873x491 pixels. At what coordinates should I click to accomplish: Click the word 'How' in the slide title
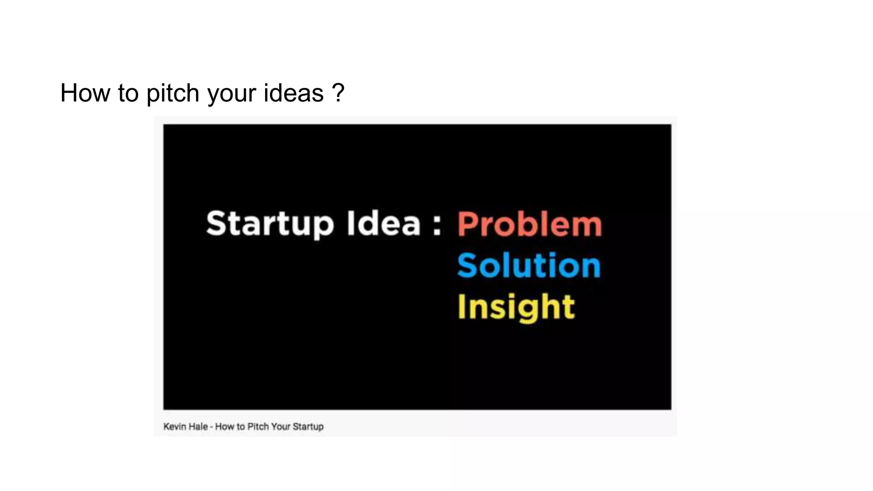(x=85, y=93)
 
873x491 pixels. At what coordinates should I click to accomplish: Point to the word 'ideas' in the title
(x=294, y=93)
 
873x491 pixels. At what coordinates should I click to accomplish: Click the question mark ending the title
(x=338, y=93)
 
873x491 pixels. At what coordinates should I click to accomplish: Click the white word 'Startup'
(x=270, y=224)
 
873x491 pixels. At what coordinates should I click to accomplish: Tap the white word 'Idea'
(x=384, y=223)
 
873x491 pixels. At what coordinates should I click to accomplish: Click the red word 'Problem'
(x=529, y=224)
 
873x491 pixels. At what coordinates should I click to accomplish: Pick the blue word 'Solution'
(x=529, y=265)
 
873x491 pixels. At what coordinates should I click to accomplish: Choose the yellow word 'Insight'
(x=516, y=307)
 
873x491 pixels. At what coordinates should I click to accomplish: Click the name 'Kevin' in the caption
(x=174, y=427)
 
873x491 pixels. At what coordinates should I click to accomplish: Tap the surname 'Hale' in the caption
(x=198, y=427)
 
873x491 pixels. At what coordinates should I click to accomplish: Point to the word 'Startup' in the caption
(x=308, y=427)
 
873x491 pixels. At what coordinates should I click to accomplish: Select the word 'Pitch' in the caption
(x=258, y=427)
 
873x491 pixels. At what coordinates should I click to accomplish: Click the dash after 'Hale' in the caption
(x=211, y=427)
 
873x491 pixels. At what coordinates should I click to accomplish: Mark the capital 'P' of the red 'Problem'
(x=467, y=224)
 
